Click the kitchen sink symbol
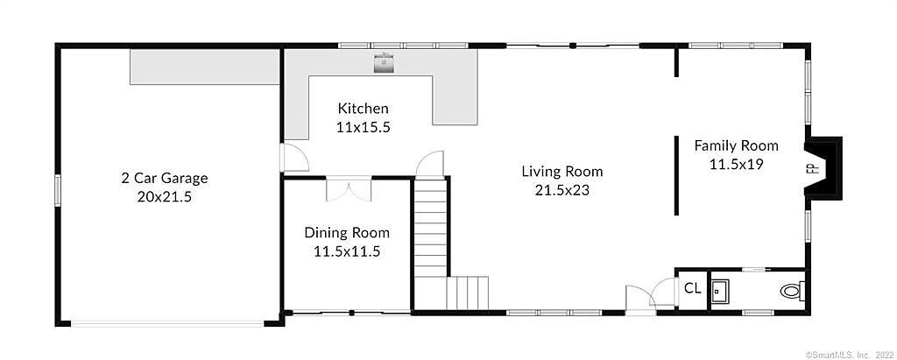pyautogui.click(x=384, y=63)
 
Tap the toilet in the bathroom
pyautogui.click(x=792, y=292)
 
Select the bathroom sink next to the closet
pyautogui.click(x=720, y=291)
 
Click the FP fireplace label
pyautogui.click(x=816, y=168)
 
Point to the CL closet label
pyautogui.click(x=692, y=288)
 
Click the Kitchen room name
pyautogui.click(x=363, y=108)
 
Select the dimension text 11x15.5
pyautogui.click(x=363, y=128)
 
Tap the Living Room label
pyautogui.click(x=562, y=171)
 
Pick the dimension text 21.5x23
pyautogui.click(x=562, y=191)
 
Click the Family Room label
pyautogui.click(x=736, y=145)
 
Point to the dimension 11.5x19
pyautogui.click(x=736, y=165)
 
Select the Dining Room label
pyautogui.click(x=347, y=232)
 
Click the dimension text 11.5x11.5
pyautogui.click(x=347, y=252)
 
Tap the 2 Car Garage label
pyautogui.click(x=164, y=178)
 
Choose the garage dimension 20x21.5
pyautogui.click(x=164, y=197)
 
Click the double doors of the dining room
pyautogui.click(x=349, y=188)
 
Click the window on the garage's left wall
pyautogui.click(x=58, y=189)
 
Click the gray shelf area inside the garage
pyautogui.click(x=205, y=67)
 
